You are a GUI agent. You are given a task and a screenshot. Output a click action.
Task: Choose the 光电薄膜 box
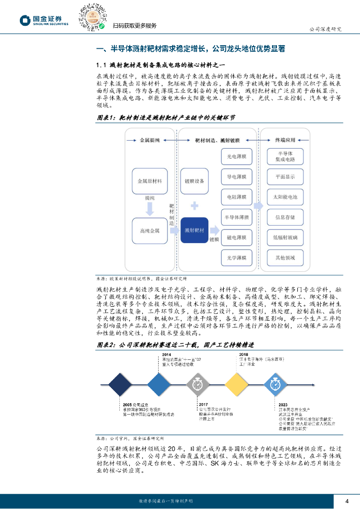(x=237, y=156)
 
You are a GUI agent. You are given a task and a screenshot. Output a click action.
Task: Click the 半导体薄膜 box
(x=237, y=217)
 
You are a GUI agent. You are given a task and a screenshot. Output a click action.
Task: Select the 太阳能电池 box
(x=285, y=197)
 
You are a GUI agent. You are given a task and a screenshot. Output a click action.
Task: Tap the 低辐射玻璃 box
(x=285, y=237)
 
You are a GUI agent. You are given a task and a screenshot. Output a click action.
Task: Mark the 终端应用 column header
(x=285, y=141)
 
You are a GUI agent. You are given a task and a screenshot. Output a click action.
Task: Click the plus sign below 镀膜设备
(x=194, y=205)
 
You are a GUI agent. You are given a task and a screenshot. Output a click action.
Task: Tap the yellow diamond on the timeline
(x=237, y=383)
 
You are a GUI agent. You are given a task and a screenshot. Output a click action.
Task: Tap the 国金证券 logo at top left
(x=44, y=20)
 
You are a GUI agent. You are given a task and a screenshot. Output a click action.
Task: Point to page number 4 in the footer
(x=347, y=500)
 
